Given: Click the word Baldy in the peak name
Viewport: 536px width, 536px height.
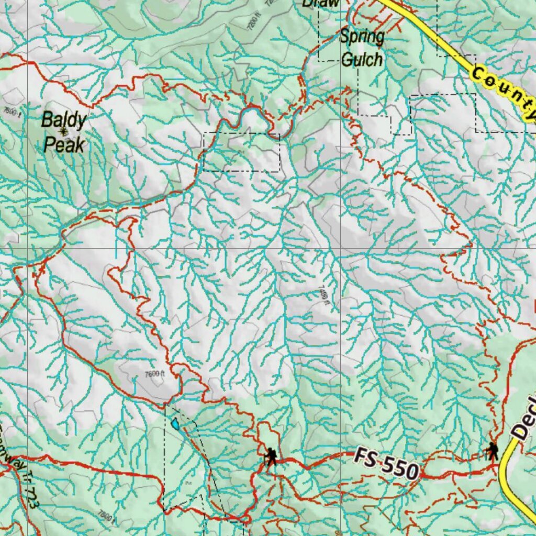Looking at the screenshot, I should (63, 120).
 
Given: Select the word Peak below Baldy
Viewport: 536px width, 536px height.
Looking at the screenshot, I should (64, 144).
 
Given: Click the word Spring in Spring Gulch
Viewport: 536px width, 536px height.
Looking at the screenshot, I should (362, 37).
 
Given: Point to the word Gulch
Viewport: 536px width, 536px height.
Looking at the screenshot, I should (361, 59).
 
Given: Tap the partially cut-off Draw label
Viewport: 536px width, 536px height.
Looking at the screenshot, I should (320, 3).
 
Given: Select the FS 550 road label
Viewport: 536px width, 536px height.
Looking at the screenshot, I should (386, 464).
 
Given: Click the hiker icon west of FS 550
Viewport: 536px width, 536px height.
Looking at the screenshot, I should (271, 456).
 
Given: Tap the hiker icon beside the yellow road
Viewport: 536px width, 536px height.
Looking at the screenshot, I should (492, 451).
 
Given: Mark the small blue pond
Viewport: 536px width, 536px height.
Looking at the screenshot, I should (175, 423).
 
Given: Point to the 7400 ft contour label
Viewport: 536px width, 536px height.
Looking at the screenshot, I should (324, 296).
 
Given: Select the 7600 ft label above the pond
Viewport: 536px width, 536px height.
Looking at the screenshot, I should (154, 374).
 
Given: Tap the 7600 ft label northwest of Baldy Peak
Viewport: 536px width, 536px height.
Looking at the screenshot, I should (12, 111).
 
